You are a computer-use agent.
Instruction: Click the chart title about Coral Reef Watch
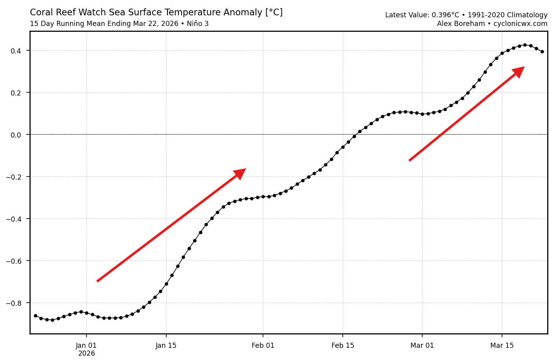156,13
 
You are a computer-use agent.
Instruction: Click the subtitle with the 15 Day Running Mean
119,24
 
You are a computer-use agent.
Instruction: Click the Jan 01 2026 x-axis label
86,349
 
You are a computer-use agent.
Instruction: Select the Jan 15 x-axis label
166,346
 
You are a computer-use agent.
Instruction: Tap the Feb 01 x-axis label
263,346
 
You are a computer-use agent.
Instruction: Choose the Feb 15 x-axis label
343,346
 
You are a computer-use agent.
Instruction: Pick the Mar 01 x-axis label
422,346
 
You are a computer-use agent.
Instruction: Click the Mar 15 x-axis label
502,346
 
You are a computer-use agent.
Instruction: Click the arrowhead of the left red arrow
241,173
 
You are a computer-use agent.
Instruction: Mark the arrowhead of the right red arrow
519,71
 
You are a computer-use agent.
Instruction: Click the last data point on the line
542,51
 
